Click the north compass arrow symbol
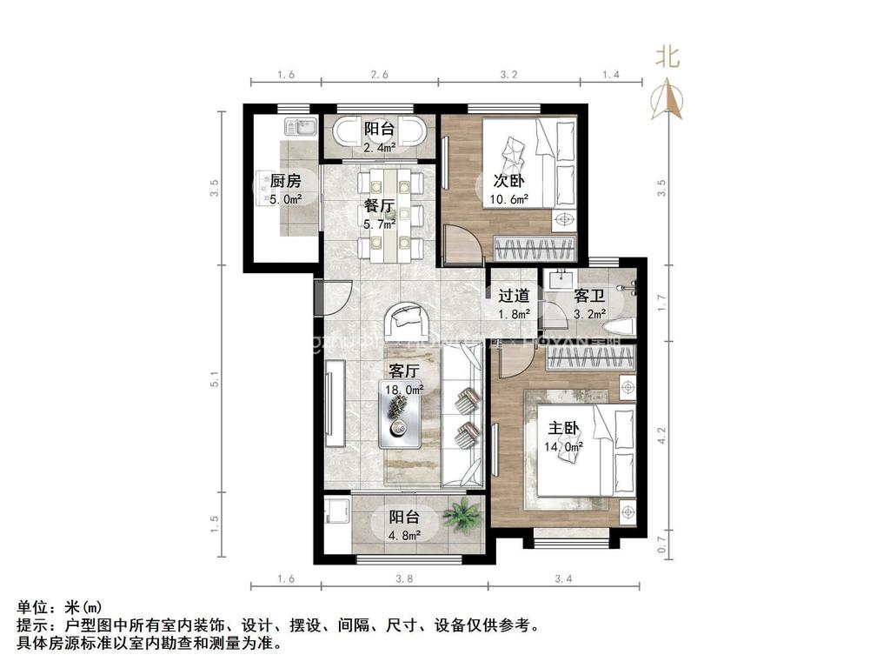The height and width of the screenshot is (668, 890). click(668, 97)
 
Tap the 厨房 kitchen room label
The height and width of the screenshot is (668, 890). click(285, 182)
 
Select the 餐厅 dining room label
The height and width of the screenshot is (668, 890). click(380, 207)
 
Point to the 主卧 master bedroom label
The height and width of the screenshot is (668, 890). click(563, 428)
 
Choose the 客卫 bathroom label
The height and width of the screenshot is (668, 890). click(589, 297)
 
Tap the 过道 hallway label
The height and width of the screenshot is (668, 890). click(513, 297)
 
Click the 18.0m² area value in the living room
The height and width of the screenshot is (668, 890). click(404, 390)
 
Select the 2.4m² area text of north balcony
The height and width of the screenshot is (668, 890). click(380, 148)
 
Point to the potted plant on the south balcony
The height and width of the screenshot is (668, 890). click(461, 517)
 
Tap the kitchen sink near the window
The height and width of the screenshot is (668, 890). click(301, 128)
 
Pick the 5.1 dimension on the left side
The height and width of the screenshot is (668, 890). click(216, 380)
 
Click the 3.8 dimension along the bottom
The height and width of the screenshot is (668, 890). click(404, 578)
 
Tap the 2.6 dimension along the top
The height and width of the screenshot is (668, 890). click(380, 75)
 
